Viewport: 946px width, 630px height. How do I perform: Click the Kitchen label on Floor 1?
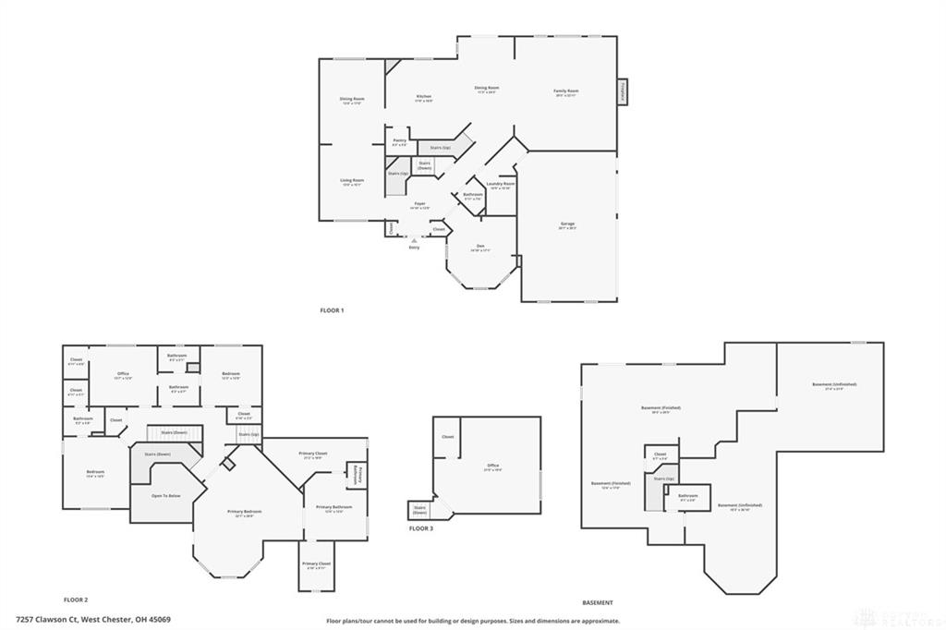(424, 97)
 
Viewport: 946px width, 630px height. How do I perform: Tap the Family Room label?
(565, 91)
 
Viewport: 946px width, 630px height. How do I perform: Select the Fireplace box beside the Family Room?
(623, 92)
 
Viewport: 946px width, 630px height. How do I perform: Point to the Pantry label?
(399, 141)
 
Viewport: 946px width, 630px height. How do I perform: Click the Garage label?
(566, 226)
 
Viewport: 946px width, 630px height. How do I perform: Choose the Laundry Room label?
(501, 185)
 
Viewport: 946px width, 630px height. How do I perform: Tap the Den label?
(479, 247)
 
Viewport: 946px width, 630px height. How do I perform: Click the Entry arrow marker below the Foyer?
(414, 240)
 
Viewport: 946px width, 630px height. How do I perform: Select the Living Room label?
(352, 181)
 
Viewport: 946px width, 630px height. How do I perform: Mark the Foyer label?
(419, 204)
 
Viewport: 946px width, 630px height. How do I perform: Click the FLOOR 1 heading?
(331, 310)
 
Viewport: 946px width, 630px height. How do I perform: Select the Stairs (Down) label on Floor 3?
(420, 509)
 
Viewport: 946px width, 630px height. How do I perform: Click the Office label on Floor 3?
(492, 466)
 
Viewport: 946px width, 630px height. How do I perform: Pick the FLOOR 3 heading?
(420, 528)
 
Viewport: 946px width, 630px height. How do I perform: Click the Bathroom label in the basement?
(687, 496)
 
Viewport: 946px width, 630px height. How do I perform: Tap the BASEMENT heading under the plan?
(598, 602)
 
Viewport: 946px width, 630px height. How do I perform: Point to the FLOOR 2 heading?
(76, 600)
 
